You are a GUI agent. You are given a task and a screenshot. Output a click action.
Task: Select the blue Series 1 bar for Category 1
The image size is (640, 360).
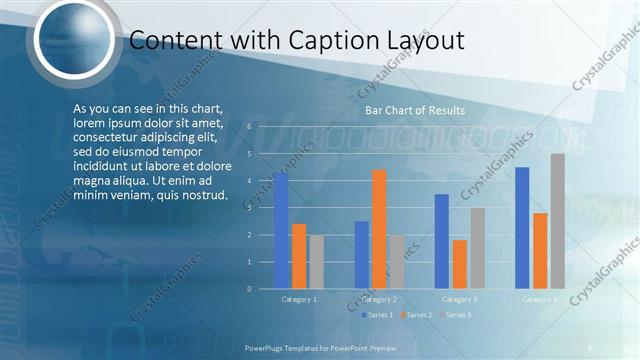281,231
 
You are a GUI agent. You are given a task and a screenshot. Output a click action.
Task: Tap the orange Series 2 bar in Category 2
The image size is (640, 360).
379,229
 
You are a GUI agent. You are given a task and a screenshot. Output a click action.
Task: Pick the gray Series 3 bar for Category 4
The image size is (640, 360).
557,221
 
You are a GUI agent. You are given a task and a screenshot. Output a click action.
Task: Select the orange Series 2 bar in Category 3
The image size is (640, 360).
460,264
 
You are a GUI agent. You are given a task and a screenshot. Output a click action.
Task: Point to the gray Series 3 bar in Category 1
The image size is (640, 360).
316,262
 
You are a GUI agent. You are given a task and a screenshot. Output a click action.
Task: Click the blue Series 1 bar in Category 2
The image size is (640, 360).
361,255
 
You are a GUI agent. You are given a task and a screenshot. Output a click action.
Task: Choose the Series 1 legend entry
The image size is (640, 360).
377,315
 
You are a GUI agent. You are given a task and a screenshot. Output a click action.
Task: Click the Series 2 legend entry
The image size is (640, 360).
416,315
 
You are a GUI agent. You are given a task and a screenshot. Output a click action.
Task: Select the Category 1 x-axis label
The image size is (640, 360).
299,299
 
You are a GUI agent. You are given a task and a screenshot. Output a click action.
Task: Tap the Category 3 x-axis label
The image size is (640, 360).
460,299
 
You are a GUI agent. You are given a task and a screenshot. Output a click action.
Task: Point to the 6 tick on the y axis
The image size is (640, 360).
249,127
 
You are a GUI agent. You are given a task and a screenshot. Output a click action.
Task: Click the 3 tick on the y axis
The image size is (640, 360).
249,208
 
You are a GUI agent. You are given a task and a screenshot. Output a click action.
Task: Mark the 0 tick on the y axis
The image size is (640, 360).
249,289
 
